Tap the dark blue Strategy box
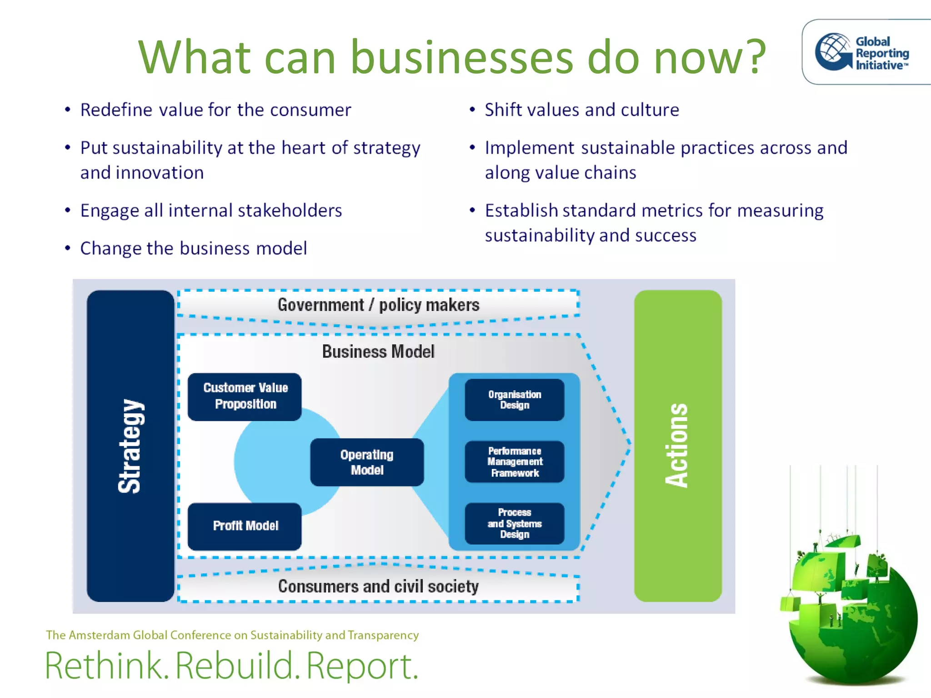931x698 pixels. tap(130, 446)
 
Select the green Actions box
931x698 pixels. tap(677, 446)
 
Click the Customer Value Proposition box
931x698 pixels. tap(245, 396)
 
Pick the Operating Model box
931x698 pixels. tap(367, 462)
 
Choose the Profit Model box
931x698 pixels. tap(245, 526)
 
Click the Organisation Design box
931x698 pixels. tap(515, 399)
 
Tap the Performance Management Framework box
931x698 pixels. tap(515, 462)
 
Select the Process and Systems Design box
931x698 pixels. tap(515, 523)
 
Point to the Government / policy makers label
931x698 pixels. tap(378, 304)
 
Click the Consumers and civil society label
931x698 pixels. tap(378, 586)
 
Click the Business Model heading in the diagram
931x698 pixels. tap(378, 351)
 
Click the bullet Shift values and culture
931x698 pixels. tap(581, 110)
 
